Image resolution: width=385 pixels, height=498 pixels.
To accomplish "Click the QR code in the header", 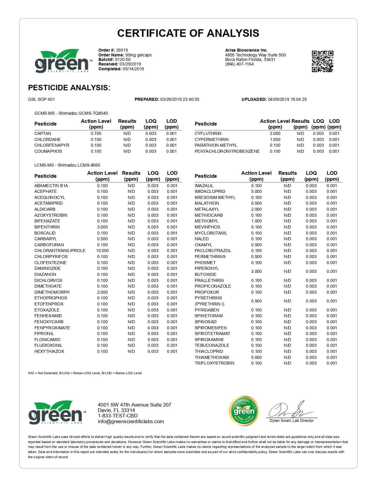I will click(322, 61).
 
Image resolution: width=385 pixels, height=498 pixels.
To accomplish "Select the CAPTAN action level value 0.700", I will click(96, 133).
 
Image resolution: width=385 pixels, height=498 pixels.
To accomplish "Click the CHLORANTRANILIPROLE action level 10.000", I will click(102, 251).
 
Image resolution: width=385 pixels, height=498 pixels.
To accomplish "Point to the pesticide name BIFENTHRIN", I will click(47, 227).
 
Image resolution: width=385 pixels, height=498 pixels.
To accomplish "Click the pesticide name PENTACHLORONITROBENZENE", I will click(227, 151).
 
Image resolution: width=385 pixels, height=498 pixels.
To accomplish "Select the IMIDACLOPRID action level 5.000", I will click(256, 191).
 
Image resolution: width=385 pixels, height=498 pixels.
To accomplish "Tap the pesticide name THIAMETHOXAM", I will click(212, 357).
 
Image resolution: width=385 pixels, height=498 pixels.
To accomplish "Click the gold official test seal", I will click(244, 411).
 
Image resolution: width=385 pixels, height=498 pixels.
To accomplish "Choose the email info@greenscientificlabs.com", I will click(131, 422).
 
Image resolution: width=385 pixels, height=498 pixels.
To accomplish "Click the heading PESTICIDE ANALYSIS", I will click(69, 88).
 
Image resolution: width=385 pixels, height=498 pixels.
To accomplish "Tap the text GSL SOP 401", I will click(41, 99).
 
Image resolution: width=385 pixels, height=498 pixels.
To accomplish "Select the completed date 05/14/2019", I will click(133, 69).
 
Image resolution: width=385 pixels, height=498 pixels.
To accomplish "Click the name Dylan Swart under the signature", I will click(281, 420).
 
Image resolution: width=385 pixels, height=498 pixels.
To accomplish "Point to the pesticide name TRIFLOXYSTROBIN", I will click(214, 363).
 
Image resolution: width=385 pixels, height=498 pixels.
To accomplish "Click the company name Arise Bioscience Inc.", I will click(246, 50).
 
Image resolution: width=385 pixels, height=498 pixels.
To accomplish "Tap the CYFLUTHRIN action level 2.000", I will click(275, 133).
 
